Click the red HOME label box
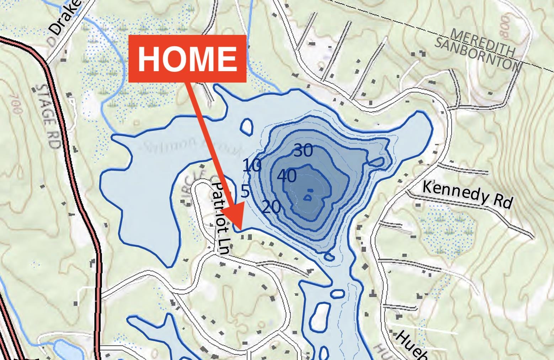click(187, 59)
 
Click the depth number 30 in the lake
click(303, 151)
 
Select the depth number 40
click(287, 176)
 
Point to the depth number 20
click(271, 207)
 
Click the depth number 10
click(252, 166)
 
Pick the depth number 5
click(245, 191)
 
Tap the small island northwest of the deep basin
click(247, 126)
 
